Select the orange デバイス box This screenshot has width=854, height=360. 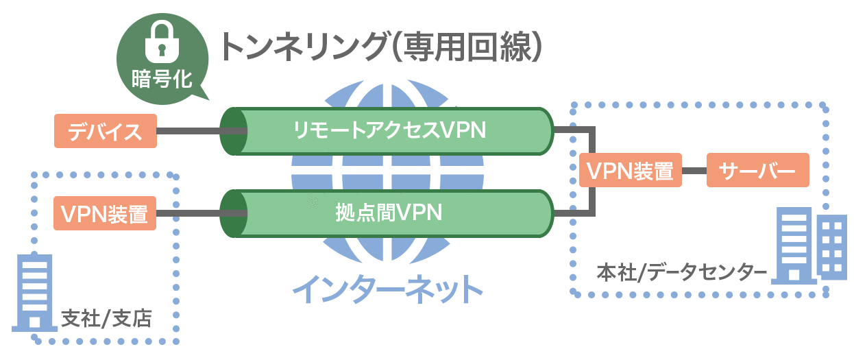[x=105, y=130]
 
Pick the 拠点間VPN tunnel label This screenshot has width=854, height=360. [x=388, y=213]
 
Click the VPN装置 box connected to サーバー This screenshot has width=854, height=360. [x=629, y=170]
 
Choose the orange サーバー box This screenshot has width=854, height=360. [x=757, y=170]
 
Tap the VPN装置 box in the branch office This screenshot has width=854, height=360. [x=105, y=213]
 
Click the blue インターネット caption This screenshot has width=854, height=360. [x=388, y=289]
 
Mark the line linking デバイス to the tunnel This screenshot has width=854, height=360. [x=188, y=130]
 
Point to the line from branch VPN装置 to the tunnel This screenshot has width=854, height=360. [x=188, y=213]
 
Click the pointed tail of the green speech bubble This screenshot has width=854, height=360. [x=203, y=95]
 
